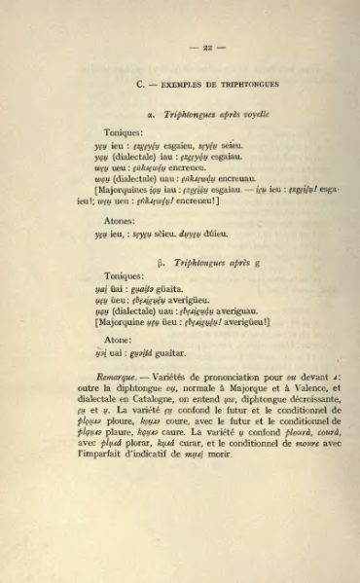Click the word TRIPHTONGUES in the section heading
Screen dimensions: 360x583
248,84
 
